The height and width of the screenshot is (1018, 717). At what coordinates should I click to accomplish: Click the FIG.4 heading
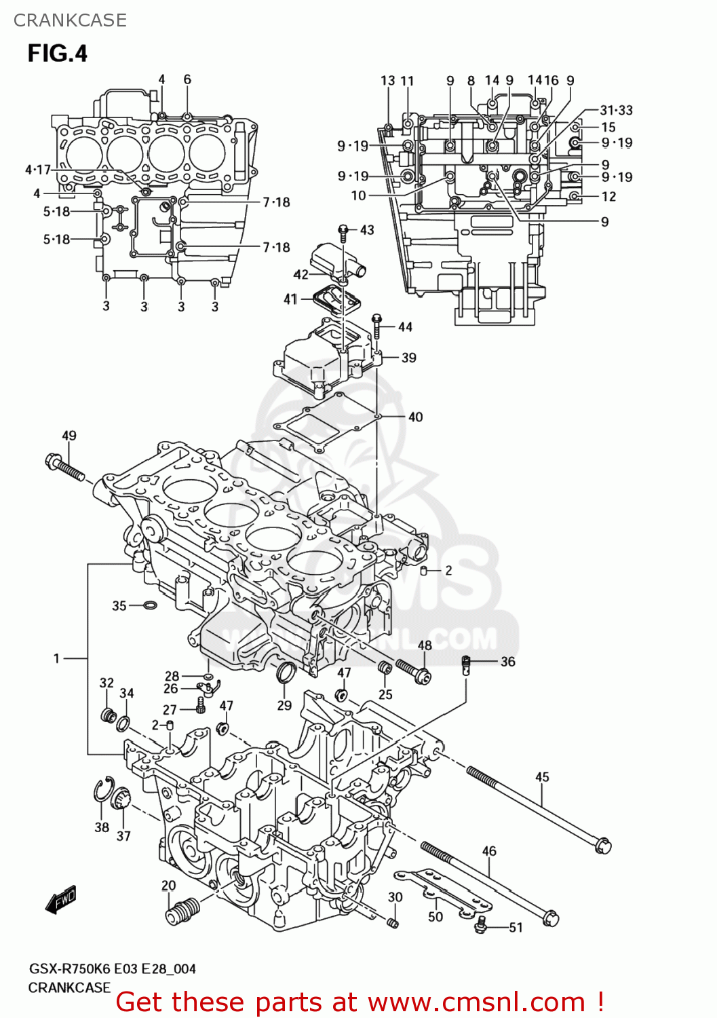(58, 53)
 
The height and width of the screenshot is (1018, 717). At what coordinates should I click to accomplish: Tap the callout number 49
(69, 436)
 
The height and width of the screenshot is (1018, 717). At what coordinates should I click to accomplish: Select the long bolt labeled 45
(536, 808)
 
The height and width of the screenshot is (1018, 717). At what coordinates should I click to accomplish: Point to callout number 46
(489, 851)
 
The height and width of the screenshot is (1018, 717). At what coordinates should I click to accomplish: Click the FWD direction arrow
(61, 899)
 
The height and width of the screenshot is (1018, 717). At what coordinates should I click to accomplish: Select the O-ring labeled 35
(150, 605)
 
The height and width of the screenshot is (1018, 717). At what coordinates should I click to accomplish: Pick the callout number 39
(408, 358)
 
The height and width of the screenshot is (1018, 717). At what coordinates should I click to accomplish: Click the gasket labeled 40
(326, 421)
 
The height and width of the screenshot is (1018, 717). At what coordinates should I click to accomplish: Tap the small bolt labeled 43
(344, 233)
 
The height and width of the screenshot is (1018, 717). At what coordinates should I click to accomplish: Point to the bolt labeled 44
(377, 326)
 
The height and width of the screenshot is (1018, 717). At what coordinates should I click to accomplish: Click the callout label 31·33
(616, 110)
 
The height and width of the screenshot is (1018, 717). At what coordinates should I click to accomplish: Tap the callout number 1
(57, 658)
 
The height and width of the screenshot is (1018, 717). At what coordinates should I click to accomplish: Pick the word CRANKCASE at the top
(70, 20)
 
